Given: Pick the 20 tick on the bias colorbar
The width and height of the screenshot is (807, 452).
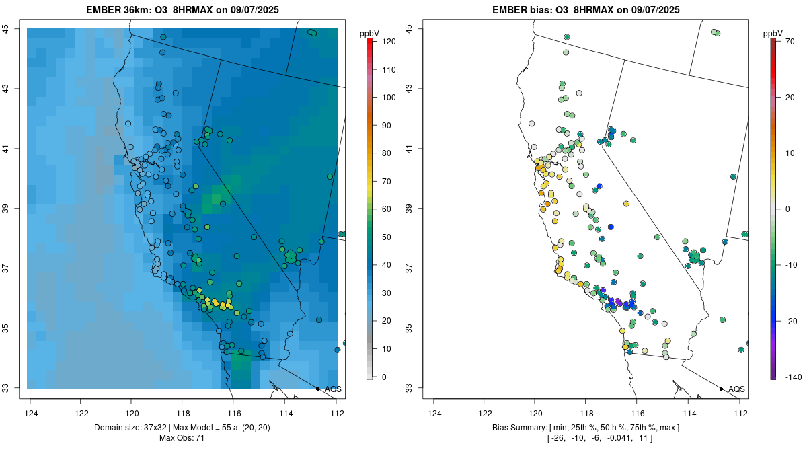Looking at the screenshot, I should [x=790, y=97].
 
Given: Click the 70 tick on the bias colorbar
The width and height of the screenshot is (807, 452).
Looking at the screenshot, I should [x=790, y=42].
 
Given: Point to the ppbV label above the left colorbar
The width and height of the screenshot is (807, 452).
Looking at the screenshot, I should [x=370, y=33].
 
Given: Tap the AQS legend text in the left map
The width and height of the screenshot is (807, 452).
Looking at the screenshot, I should [x=333, y=389].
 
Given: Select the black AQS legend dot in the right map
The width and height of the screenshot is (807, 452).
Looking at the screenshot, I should [x=721, y=389].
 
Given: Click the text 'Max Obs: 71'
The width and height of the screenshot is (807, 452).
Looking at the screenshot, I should [x=182, y=438].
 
